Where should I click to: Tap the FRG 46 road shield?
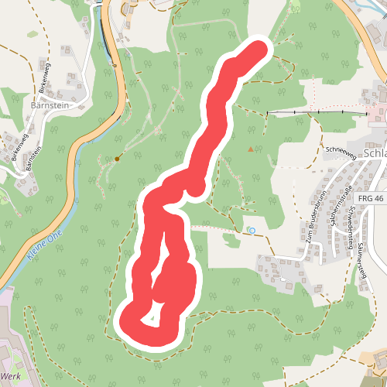pos(372,199)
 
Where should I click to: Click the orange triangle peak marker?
pos(250,148)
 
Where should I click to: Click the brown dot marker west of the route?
pos(118,159)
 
